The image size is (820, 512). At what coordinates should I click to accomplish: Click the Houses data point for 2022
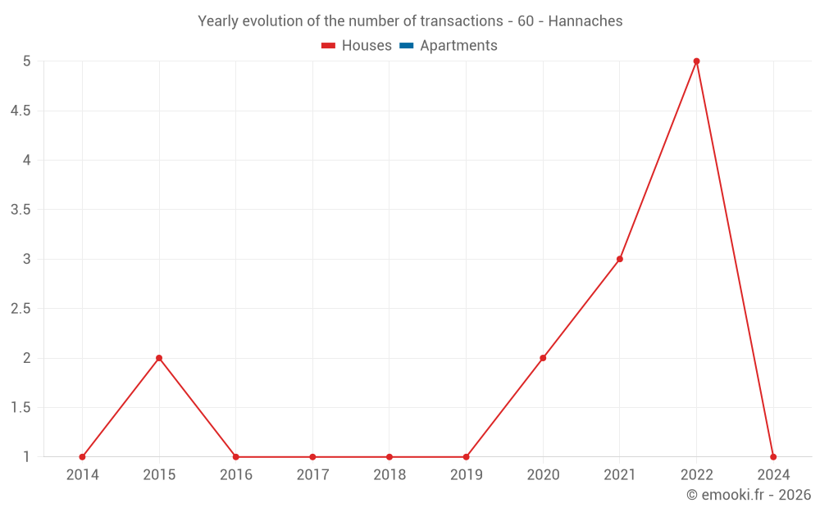coord(696,61)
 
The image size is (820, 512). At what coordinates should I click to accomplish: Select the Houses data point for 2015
coord(159,358)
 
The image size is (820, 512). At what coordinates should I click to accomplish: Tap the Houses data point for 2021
coord(620,259)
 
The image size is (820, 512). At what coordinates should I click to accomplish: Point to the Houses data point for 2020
coord(543,358)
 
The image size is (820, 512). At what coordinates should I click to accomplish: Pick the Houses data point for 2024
coord(773,457)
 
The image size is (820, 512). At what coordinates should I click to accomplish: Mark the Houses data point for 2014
coord(82,457)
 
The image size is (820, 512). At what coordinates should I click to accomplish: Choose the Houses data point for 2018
coord(389,457)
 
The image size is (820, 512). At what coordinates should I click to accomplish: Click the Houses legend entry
coord(357,46)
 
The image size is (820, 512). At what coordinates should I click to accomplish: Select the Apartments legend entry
coord(449,46)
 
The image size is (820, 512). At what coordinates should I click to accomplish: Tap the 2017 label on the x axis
coord(312,474)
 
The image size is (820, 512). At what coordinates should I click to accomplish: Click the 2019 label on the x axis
coord(466,474)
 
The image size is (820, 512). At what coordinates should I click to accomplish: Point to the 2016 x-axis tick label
coord(236,474)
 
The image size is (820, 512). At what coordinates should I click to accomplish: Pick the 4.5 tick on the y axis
coord(20,111)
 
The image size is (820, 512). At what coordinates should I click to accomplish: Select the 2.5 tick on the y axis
coord(20,309)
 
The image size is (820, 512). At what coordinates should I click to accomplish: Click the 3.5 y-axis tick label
coord(20,210)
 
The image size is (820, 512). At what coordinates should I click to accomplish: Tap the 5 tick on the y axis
coord(27,61)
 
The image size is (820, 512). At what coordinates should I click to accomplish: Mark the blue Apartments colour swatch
coord(406,46)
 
